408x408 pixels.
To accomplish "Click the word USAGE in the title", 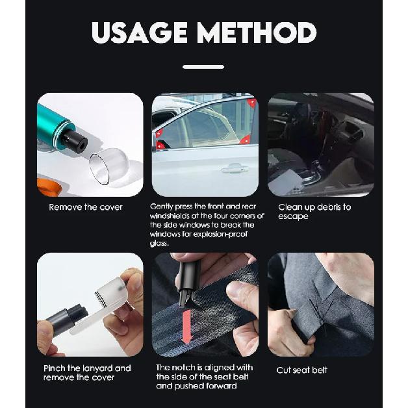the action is click(x=139, y=32).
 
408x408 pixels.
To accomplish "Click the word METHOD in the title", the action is click(x=257, y=32).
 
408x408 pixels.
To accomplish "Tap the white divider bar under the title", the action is click(x=203, y=67).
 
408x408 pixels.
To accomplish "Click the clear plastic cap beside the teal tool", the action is click(x=108, y=166).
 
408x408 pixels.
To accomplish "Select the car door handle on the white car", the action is click(x=235, y=169).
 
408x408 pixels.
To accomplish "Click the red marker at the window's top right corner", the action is click(x=252, y=103).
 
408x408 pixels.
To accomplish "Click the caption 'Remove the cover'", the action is click(x=86, y=207).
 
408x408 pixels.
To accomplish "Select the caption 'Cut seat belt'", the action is click(x=302, y=370).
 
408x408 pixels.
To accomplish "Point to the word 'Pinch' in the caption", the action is click(x=55, y=368).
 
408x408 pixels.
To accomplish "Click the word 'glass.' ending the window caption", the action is click(x=159, y=243).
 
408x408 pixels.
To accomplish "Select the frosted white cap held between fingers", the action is click(x=110, y=292).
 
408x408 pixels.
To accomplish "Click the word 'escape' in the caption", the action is click(x=293, y=216).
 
